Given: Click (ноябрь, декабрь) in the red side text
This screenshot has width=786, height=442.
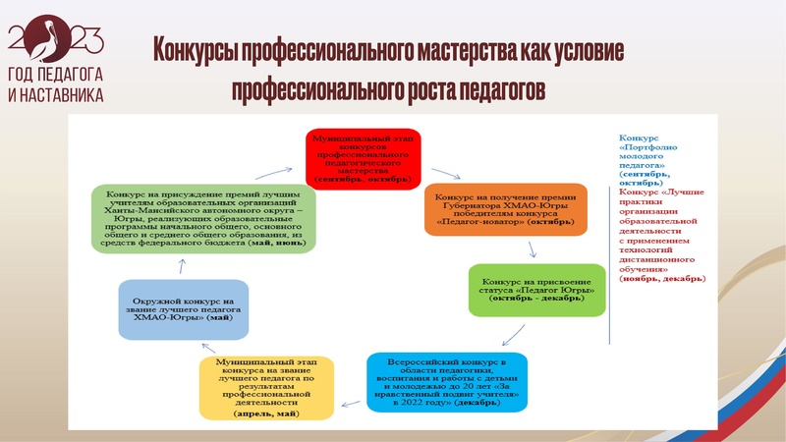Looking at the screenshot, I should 662,279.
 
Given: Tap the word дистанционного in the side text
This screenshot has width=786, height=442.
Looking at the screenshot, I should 659,260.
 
